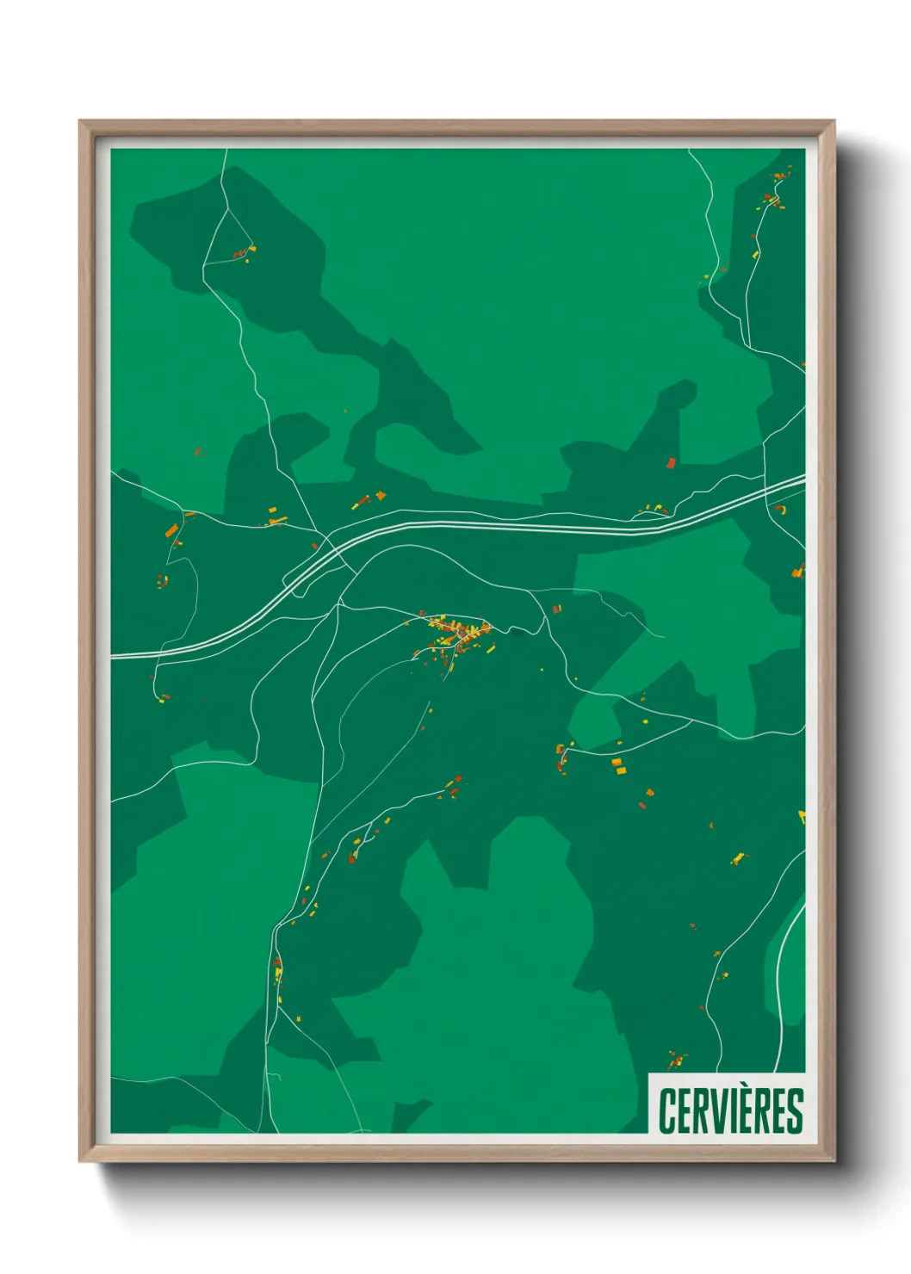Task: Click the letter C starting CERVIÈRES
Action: coord(668,1111)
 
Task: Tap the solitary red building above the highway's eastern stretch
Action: coord(671,463)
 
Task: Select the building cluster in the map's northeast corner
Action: coord(774,196)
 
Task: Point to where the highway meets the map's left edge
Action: coord(114,656)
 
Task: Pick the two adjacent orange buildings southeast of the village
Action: coord(617,766)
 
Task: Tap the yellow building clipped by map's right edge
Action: coord(802,815)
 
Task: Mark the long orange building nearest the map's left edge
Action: coord(170,529)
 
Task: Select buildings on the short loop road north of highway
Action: coord(652,510)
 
